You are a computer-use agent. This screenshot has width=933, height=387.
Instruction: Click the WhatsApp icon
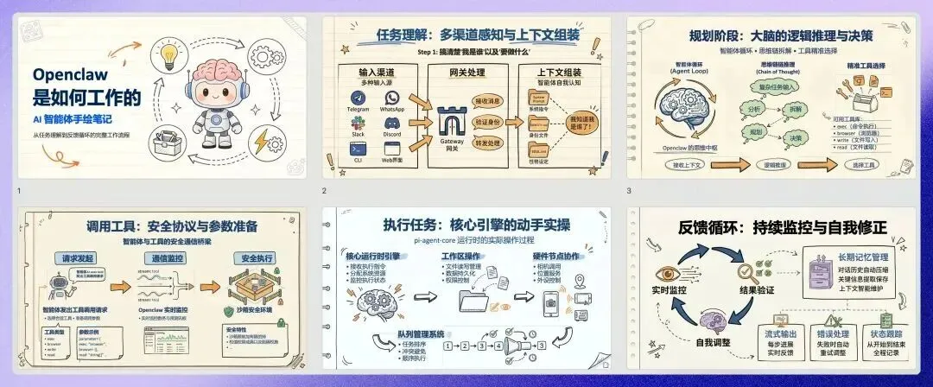(x=391, y=97)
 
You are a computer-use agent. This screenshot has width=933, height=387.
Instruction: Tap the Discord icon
(x=391, y=124)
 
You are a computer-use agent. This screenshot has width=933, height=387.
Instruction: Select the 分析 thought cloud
(x=727, y=111)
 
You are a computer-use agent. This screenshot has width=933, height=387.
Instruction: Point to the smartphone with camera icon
(x=553, y=302)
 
